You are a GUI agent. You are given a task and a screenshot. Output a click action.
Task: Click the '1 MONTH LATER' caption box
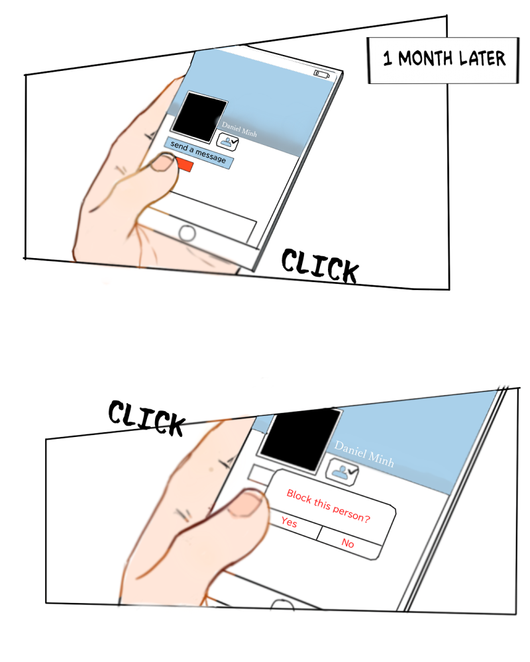coord(443,60)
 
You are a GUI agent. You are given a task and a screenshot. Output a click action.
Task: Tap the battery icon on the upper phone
coord(321,75)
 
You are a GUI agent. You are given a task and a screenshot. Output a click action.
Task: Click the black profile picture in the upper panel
coord(199,117)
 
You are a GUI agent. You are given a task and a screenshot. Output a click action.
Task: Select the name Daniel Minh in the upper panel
coord(239,130)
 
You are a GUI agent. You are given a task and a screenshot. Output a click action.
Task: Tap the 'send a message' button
coord(198,153)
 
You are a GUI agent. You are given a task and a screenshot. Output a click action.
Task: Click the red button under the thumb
coord(184,165)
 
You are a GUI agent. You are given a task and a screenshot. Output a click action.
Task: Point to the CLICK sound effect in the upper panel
coord(320,266)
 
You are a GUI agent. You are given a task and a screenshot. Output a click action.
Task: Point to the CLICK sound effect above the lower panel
coord(146,418)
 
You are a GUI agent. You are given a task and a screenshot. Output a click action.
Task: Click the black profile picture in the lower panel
coord(301,439)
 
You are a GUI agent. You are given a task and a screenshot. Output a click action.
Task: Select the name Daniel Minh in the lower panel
coord(364,454)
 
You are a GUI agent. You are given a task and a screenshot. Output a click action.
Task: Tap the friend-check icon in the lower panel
coord(342,472)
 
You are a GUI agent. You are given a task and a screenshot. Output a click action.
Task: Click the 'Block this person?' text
coord(329,505)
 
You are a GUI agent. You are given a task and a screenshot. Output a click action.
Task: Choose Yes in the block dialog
coord(290,522)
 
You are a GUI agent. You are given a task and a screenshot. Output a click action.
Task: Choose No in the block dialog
coord(347,543)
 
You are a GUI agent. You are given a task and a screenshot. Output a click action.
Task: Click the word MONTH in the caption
coord(425,58)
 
